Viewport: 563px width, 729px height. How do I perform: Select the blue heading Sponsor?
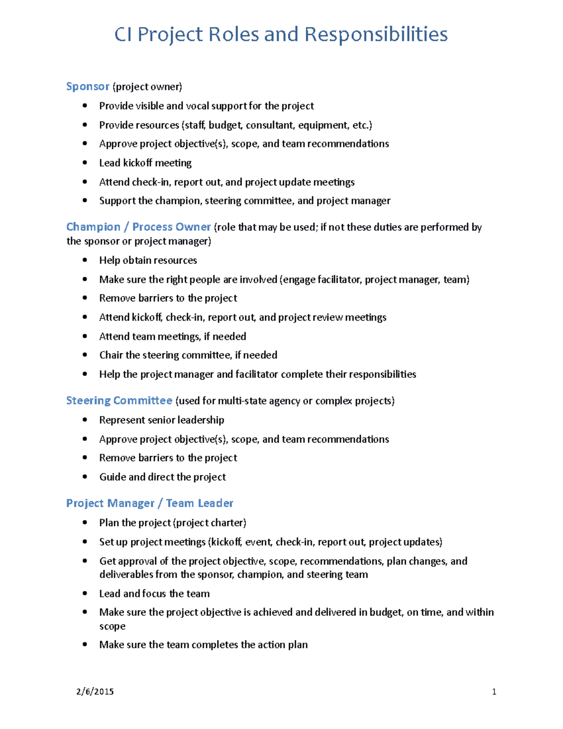88,86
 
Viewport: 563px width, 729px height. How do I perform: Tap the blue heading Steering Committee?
119,400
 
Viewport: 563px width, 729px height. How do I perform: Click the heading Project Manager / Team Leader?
150,503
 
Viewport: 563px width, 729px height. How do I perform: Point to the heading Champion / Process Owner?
138,227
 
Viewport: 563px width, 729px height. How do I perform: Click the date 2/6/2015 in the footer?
95,691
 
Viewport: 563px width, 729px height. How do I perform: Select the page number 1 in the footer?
494,691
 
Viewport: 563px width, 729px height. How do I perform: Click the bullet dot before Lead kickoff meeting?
85,163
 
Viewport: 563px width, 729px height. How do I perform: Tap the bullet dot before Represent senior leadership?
85,420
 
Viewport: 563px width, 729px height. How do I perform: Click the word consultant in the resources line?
270,125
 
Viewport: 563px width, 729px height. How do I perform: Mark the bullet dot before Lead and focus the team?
85,593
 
